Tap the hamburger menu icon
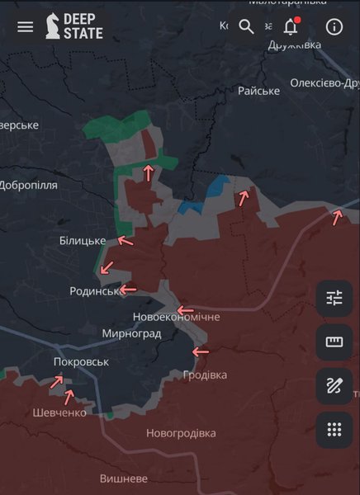(26, 26)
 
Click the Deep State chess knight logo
(54, 26)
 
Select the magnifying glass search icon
(246, 26)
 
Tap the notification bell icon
(291, 26)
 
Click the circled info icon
(334, 26)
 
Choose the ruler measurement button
(334, 342)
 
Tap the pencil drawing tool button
(334, 385)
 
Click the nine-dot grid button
(334, 429)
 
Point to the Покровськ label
(81, 361)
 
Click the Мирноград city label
(131, 333)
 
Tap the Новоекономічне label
(177, 317)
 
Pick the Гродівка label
(205, 375)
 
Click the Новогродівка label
(181, 433)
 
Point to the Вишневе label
(124, 478)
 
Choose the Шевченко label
(59, 412)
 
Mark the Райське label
(258, 91)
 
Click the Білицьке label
(83, 240)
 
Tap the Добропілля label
(29, 185)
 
